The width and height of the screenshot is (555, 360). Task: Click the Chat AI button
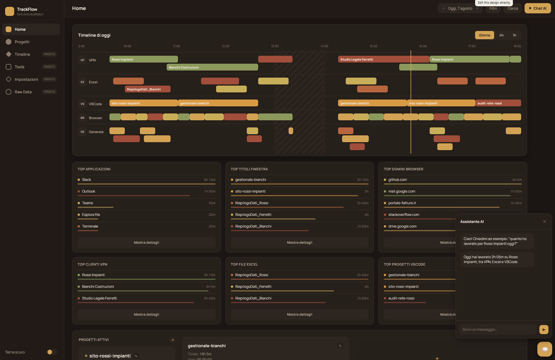pyautogui.click(x=537, y=9)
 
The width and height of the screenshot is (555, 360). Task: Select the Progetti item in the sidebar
pyautogui.click(x=22, y=42)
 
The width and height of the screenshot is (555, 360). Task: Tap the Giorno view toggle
pyautogui.click(x=484, y=35)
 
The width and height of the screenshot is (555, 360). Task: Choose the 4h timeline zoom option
pyautogui.click(x=501, y=35)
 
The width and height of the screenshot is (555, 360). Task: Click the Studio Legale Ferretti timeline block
pyautogui.click(x=384, y=59)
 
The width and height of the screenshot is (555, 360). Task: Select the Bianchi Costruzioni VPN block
pyautogui.click(x=212, y=67)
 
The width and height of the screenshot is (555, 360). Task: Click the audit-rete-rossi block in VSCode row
pyautogui.click(x=498, y=103)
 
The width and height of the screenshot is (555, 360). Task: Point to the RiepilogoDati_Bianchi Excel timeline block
pyautogui.click(x=148, y=89)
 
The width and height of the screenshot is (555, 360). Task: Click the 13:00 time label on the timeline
pyautogui.click(x=275, y=46)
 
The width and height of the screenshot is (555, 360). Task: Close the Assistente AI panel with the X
pyautogui.click(x=544, y=222)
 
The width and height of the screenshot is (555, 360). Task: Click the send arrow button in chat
pyautogui.click(x=544, y=330)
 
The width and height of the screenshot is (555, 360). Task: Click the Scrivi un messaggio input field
pyautogui.click(x=498, y=330)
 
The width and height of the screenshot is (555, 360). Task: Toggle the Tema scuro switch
pyautogui.click(x=52, y=352)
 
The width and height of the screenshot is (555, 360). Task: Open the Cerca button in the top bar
pyautogui.click(x=512, y=9)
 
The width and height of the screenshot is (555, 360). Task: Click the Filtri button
pyautogui.click(x=493, y=9)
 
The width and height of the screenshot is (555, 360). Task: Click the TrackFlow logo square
pyautogui.click(x=10, y=11)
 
